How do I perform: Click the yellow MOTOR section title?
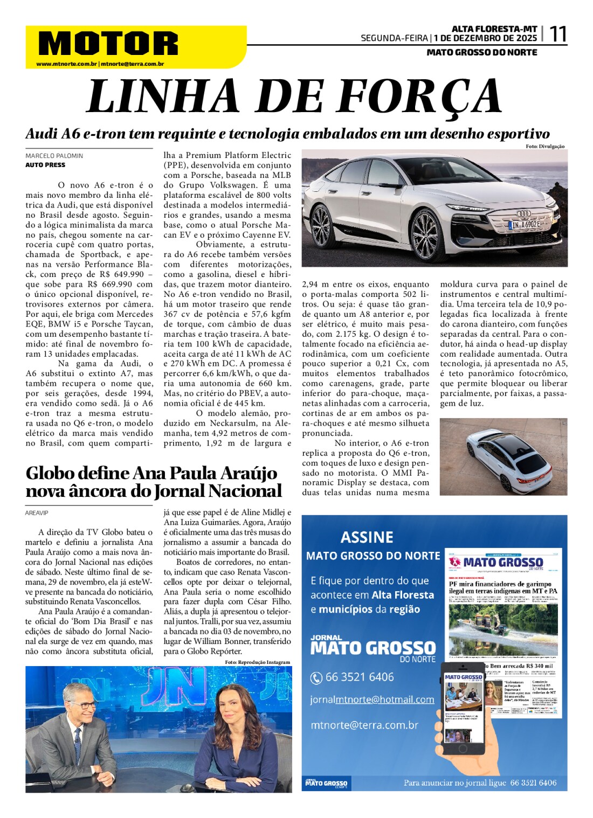click(x=108, y=43)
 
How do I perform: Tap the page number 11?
click(x=557, y=34)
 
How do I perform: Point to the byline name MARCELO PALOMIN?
click(x=54, y=156)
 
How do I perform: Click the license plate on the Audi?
click(x=525, y=224)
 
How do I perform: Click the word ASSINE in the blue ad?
click(x=367, y=537)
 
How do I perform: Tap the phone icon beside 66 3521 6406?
click(x=316, y=678)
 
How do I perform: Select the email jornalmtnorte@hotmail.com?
click(x=372, y=699)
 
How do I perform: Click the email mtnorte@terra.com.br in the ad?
click(x=364, y=725)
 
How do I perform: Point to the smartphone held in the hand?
click(x=463, y=709)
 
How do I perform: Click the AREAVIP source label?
click(x=37, y=513)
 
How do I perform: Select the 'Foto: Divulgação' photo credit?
click(x=545, y=147)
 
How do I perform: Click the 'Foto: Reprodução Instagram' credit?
click(x=257, y=662)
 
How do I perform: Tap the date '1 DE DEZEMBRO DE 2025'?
click(x=486, y=38)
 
